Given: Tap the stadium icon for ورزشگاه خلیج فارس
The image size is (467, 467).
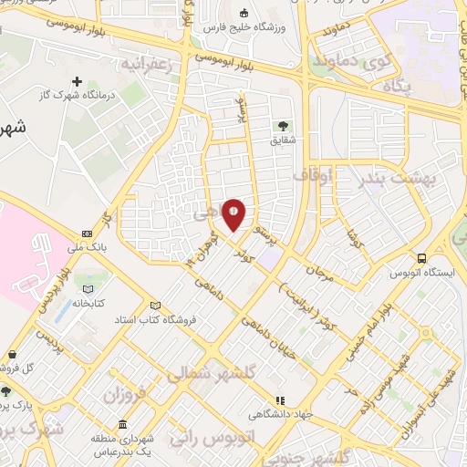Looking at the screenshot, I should pos(244,14).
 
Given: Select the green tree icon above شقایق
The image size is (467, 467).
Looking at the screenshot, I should pos(282,126).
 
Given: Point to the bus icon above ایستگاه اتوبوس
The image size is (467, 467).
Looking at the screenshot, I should pos(421,258).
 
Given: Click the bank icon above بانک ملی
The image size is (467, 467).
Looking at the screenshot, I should pos(87,233).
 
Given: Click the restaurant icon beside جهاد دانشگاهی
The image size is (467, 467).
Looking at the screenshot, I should pos(281,400).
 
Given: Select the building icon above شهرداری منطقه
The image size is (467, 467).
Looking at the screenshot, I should pos(123,425).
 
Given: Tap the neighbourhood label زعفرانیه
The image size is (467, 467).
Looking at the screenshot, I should pos(145,65).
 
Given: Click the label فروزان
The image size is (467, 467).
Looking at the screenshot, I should pos(100,396).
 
